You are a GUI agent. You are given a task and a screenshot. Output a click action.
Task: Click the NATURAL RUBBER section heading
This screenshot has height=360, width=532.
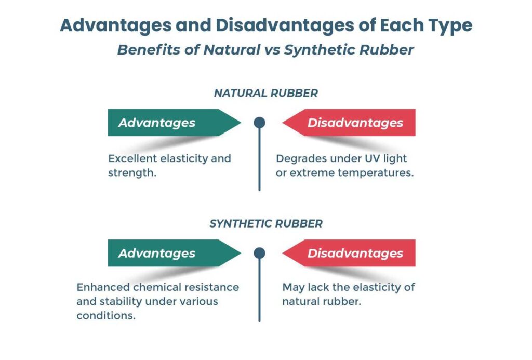[x=266, y=94]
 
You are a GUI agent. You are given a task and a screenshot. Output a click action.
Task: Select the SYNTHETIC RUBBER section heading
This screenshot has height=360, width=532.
[x=266, y=224]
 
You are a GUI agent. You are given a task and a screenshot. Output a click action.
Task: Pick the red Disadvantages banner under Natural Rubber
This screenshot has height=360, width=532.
[x=353, y=123]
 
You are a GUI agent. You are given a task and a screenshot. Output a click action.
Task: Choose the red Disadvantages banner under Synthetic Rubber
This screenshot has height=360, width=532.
[x=353, y=253]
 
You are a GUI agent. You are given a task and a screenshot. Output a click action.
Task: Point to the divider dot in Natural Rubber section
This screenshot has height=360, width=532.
[x=259, y=123]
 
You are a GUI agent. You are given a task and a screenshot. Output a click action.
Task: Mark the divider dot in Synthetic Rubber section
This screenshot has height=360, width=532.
[x=259, y=253]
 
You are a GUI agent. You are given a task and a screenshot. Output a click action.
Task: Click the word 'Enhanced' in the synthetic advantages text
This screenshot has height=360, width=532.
[x=101, y=287]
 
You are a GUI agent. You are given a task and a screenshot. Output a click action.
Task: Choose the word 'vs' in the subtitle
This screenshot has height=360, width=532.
[x=258, y=50]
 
